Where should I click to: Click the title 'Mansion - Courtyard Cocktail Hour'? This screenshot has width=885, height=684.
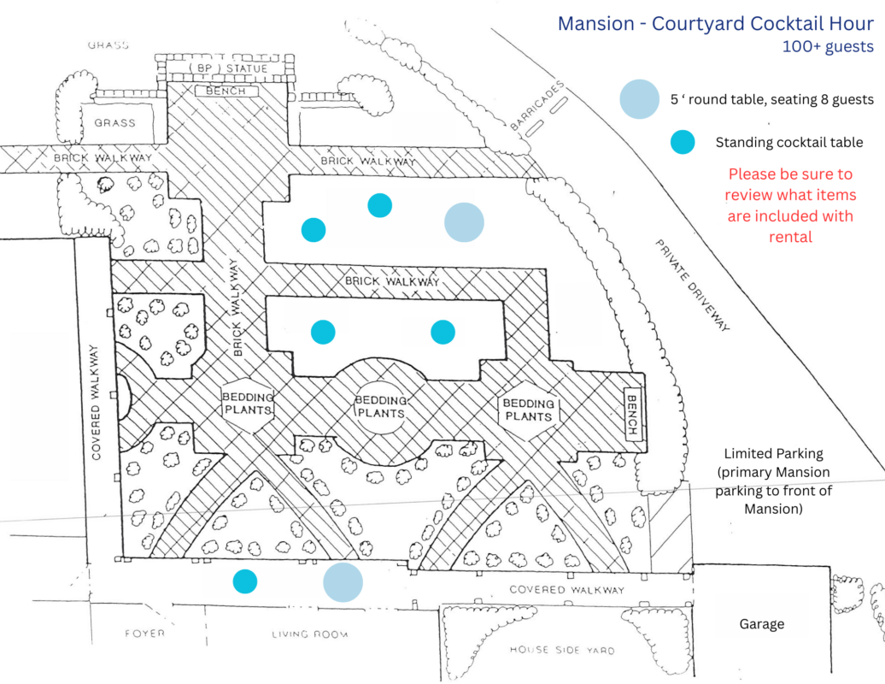(716, 23)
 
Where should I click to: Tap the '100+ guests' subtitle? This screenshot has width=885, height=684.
(828, 47)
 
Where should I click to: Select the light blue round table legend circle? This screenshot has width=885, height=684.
(639, 98)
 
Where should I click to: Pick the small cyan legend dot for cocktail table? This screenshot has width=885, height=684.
(683, 143)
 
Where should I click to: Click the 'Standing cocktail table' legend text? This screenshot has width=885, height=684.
(789, 143)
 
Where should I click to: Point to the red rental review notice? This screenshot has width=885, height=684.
(790, 205)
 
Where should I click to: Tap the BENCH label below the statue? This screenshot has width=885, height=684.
(226, 91)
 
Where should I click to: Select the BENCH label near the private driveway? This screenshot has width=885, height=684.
(633, 416)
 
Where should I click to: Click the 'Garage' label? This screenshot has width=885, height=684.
(761, 624)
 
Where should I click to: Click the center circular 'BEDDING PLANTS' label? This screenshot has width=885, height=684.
(380, 406)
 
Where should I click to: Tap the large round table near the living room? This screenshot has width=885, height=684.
(343, 582)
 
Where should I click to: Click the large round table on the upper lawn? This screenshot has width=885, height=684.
(464, 222)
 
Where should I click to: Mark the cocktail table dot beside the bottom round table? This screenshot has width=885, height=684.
(245, 581)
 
